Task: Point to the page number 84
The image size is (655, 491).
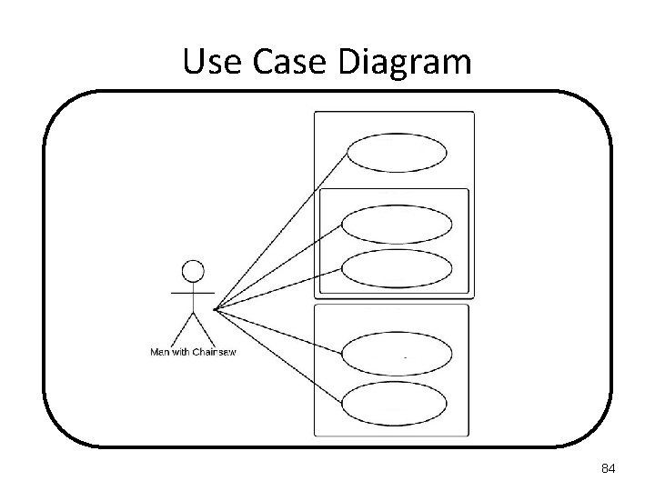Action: [x=610, y=469]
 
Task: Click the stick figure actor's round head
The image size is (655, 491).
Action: [x=193, y=270]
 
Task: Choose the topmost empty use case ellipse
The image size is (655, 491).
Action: [x=398, y=153]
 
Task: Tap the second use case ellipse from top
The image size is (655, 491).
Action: [x=398, y=225]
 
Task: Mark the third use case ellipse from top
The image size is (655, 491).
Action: [x=398, y=267]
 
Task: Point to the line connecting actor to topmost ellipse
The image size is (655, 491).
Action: [x=282, y=227]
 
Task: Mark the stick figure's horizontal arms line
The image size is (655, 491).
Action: [x=193, y=294]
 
